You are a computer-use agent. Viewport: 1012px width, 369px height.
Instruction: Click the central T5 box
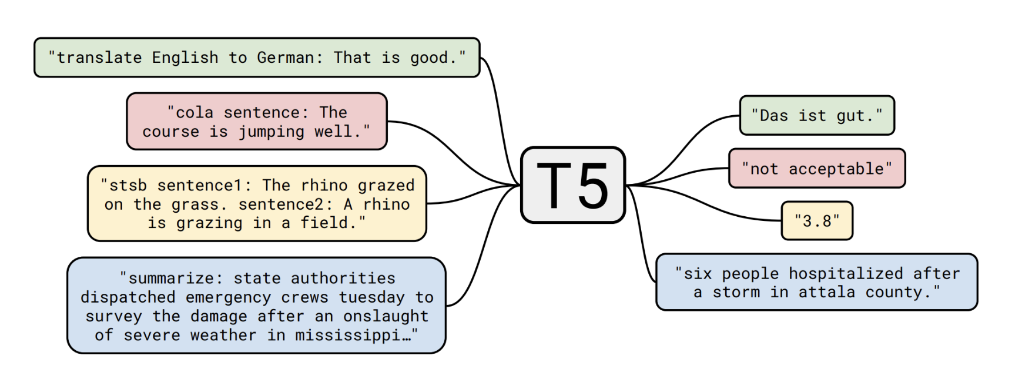click(x=573, y=185)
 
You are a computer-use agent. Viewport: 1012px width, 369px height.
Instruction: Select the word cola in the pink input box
click(x=195, y=112)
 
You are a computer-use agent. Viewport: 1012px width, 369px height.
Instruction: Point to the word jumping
click(x=271, y=131)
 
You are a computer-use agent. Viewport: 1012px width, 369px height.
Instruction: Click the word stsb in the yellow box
click(x=128, y=185)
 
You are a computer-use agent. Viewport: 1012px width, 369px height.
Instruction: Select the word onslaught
click(x=386, y=316)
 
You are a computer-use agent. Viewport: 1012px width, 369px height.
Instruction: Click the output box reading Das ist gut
click(x=817, y=115)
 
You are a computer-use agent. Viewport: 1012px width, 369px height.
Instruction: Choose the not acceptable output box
click(x=817, y=169)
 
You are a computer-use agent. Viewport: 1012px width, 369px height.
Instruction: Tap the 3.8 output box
click(x=817, y=221)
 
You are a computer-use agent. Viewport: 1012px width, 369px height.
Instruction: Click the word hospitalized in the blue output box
click(x=845, y=273)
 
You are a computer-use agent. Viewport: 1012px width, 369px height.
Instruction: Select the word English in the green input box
click(x=185, y=58)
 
